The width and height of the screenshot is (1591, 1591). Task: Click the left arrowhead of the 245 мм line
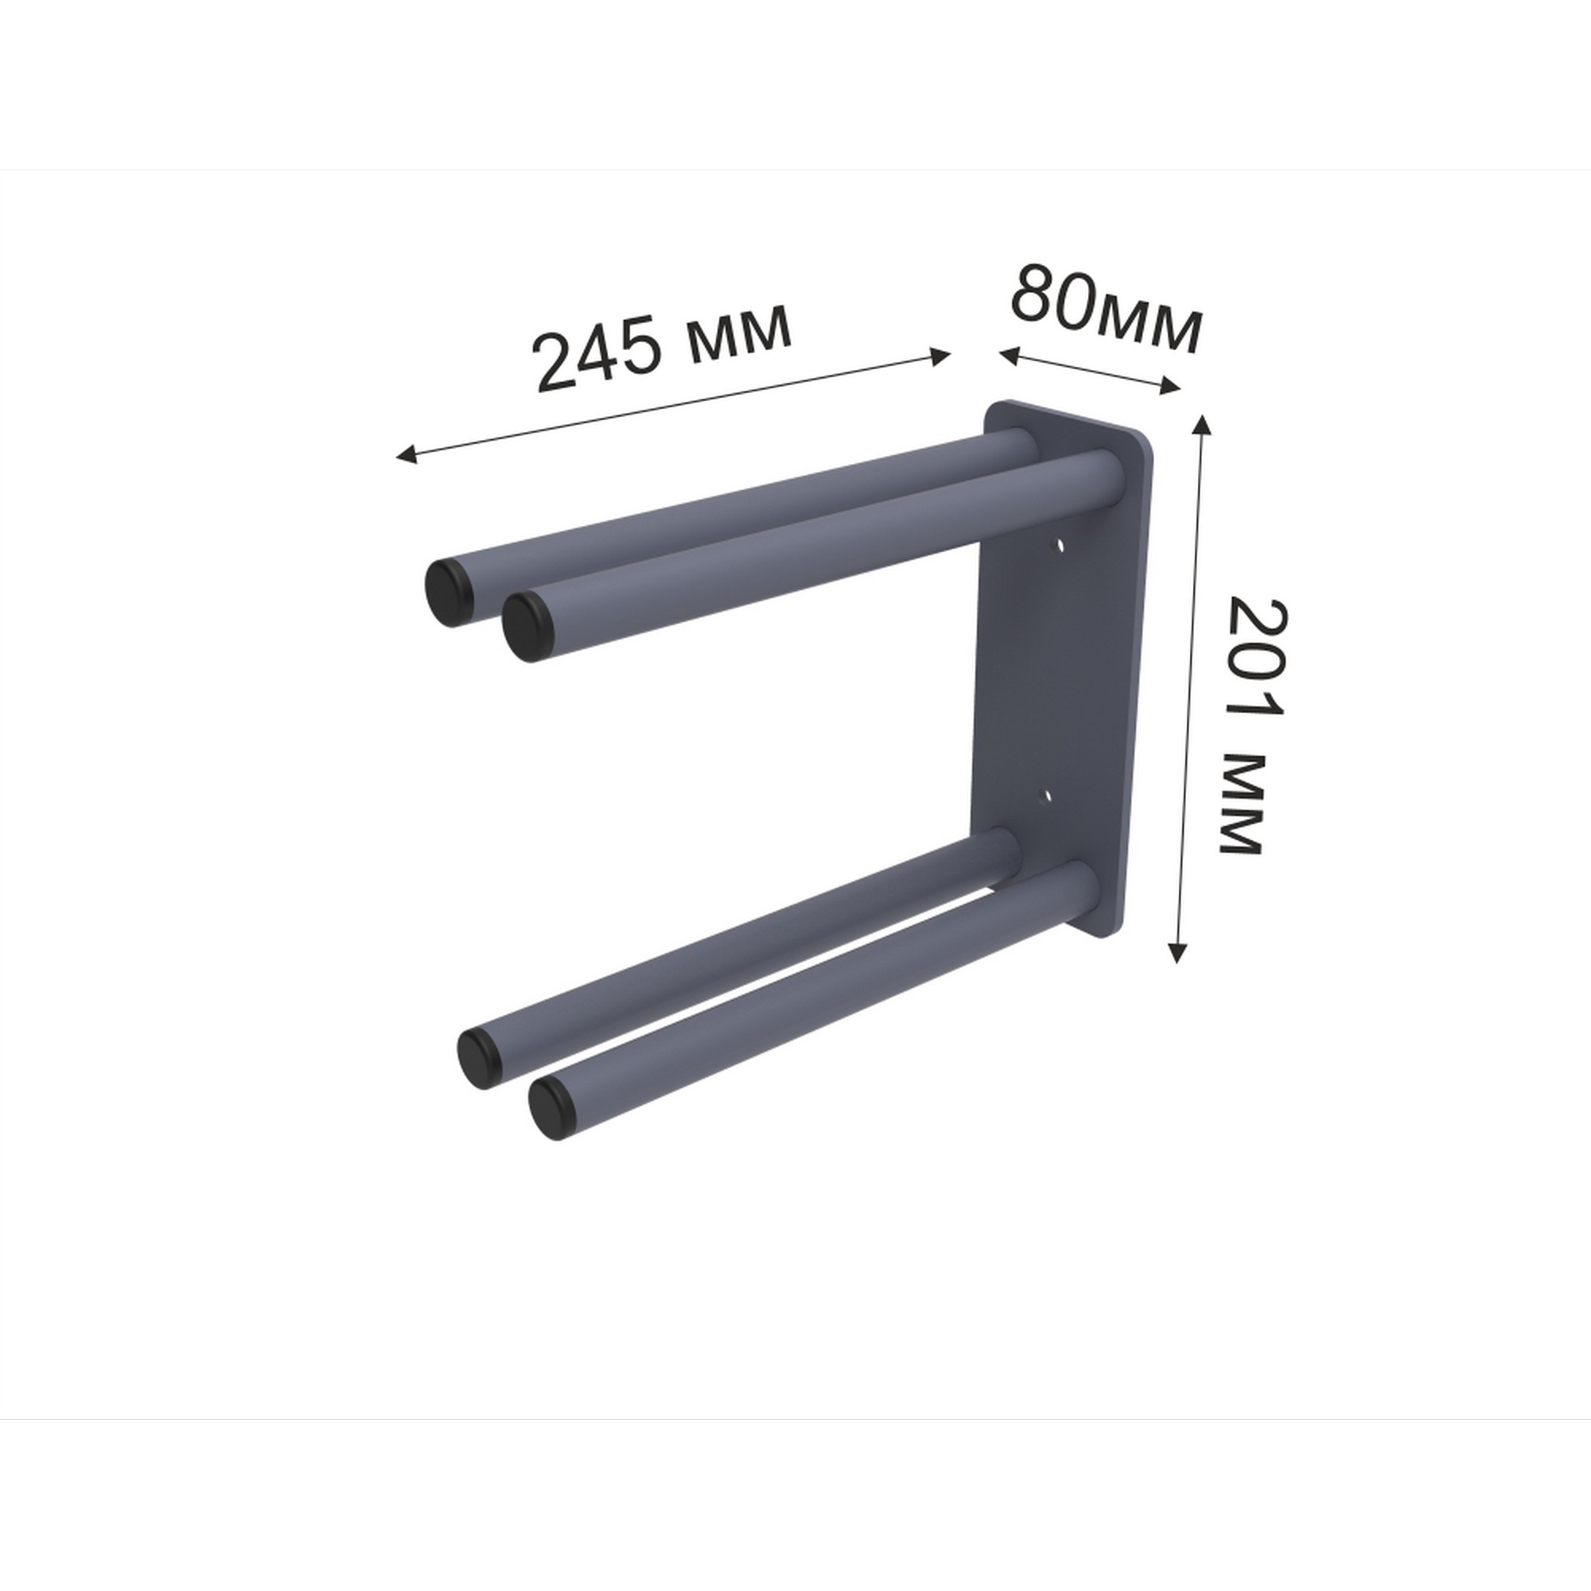point(406,453)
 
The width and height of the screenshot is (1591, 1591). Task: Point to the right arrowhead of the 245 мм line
point(940,356)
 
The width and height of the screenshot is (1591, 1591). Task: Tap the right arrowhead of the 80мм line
point(1170,384)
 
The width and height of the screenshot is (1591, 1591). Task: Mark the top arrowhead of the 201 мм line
point(1201,426)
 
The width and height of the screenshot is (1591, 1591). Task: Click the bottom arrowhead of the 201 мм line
point(1178,952)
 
